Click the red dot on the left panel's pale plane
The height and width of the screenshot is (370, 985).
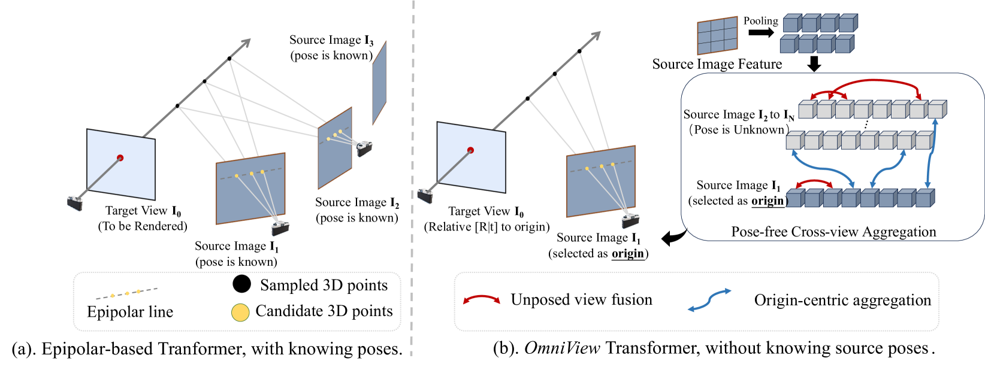coord(120,158)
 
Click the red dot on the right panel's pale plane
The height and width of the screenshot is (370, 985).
coord(470,150)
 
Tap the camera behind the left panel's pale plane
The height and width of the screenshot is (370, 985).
coord(75,203)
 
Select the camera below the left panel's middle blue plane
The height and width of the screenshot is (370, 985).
coord(280,228)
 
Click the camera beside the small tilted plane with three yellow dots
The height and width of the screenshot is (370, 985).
coord(364,148)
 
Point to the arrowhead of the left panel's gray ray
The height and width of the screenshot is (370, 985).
coord(246,43)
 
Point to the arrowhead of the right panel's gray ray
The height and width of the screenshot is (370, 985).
coord(596,35)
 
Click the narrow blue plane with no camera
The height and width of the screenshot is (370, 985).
coord(379,84)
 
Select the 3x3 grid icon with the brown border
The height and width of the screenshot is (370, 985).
coord(717,36)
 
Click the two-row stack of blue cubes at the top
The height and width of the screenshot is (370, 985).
coord(818,34)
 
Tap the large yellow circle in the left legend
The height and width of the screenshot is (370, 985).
coord(240,313)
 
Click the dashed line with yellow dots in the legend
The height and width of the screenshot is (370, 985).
coord(126,293)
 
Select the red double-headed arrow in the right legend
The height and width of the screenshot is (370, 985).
coord(481,298)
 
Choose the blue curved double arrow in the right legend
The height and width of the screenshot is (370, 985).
coord(709,300)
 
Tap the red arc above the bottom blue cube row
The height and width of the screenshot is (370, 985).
coord(814,181)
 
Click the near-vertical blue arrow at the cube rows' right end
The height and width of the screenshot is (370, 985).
coord(930,154)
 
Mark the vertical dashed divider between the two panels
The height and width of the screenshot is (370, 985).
coord(412,180)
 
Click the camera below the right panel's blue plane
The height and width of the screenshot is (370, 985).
coord(630,221)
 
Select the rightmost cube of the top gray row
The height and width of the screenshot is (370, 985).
coord(936,110)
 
